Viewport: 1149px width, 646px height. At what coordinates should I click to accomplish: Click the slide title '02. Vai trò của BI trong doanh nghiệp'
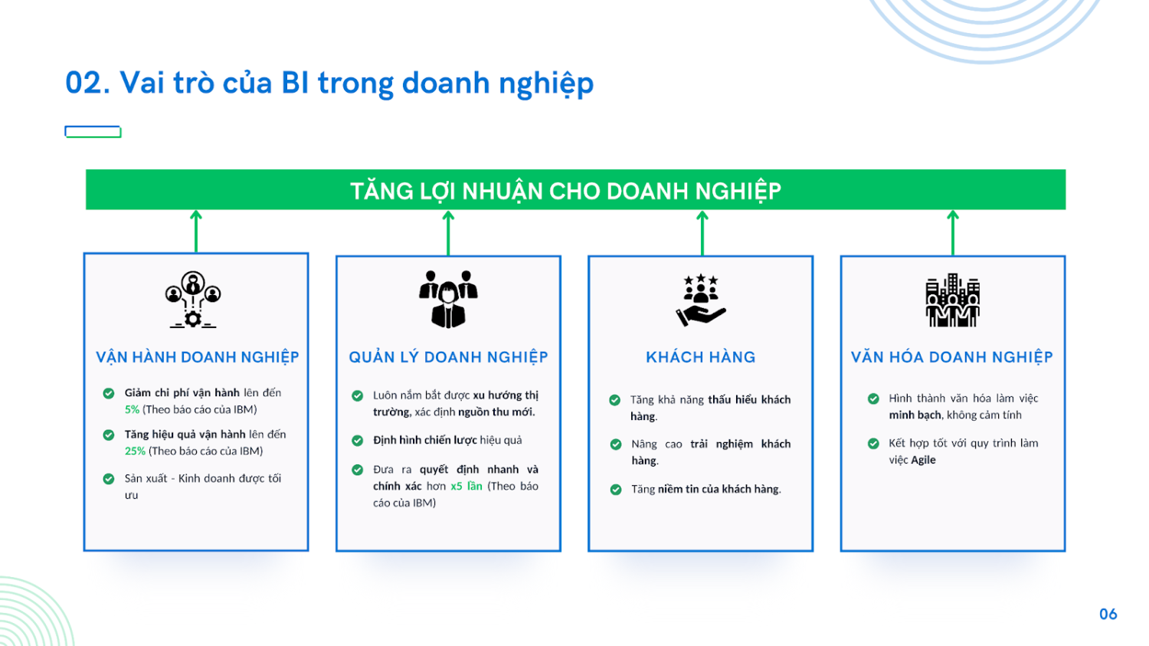click(329, 84)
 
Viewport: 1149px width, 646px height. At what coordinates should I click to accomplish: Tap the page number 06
click(1108, 614)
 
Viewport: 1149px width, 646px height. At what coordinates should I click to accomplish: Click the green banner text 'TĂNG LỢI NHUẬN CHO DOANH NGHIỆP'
click(566, 192)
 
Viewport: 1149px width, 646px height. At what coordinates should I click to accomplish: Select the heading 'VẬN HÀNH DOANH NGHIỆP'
click(198, 357)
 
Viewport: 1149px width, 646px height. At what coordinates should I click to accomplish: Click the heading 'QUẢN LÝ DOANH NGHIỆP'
click(448, 357)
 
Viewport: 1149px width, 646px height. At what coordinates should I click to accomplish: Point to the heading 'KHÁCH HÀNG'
click(701, 357)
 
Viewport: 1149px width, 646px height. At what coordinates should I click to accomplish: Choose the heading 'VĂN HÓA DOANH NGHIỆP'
click(952, 357)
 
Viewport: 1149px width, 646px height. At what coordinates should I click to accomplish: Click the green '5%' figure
click(132, 409)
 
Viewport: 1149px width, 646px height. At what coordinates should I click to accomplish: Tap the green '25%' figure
click(135, 451)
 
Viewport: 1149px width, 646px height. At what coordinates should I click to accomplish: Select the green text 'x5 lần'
click(466, 486)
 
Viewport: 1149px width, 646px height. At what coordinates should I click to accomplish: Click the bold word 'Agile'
click(923, 460)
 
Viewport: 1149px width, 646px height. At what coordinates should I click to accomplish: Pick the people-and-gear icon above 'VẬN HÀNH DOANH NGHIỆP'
click(193, 300)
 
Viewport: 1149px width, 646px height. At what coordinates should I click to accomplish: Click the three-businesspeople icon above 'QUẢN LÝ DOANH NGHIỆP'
click(448, 299)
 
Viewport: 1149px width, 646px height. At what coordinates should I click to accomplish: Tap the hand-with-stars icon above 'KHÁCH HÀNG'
click(701, 300)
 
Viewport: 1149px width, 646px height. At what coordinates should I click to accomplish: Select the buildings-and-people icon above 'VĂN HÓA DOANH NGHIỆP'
click(953, 300)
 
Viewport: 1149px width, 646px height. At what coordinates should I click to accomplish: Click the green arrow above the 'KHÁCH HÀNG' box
click(702, 233)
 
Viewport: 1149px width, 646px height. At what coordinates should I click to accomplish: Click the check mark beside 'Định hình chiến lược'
click(358, 440)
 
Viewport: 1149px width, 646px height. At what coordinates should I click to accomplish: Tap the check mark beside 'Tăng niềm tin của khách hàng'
click(616, 490)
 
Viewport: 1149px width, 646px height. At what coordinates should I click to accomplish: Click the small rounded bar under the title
click(93, 132)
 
